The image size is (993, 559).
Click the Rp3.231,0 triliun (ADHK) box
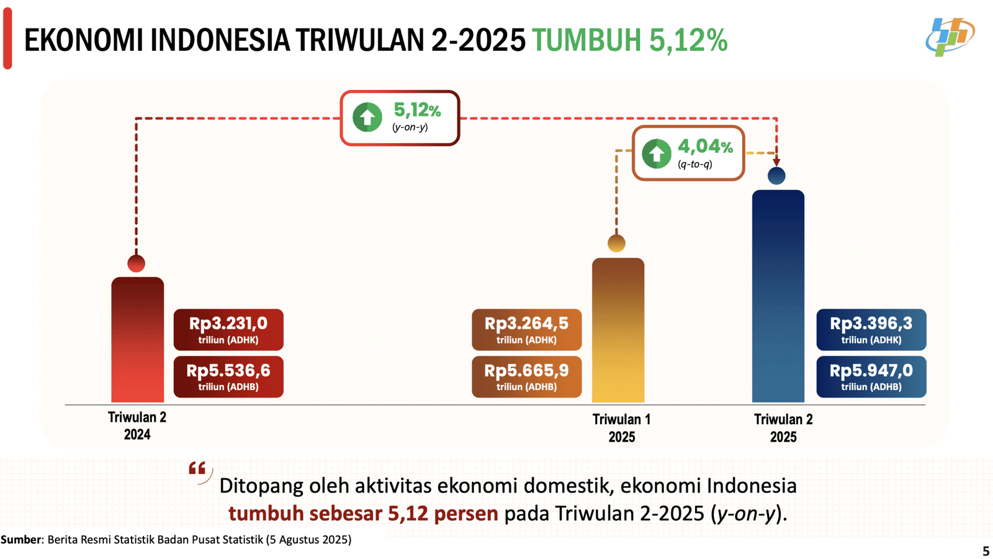pos(228,329)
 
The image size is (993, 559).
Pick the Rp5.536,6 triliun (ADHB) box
pos(228,376)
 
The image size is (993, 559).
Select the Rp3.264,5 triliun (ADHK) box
pos(526,329)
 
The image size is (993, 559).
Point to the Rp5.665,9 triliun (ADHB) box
pos(526,376)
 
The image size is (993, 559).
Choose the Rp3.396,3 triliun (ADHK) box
pos(871,329)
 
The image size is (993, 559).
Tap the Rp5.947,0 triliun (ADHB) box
pos(871,376)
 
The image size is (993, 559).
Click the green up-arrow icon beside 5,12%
pos(367,117)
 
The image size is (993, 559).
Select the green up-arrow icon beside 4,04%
pos(656,153)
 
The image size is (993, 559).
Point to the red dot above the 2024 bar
pos(137,263)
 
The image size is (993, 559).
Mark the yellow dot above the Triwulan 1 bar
pos(616,243)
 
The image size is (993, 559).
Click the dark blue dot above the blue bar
pos(776,176)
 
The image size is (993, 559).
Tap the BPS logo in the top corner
pos(949,37)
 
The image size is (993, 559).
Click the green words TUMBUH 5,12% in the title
pos(629,40)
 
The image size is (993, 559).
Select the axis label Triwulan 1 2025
pos(621,428)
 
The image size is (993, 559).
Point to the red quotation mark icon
pos(198,470)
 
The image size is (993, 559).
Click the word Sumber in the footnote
pos(21,539)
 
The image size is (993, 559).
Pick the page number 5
pos(986,551)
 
